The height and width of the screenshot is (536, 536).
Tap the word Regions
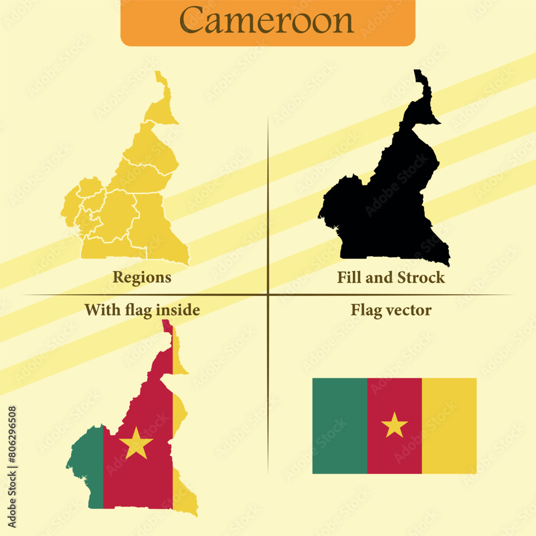click(142, 277)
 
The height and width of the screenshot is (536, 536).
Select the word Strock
click(421, 277)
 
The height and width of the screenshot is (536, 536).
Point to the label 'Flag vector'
click(391, 310)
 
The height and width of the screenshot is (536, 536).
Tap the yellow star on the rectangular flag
click(394, 425)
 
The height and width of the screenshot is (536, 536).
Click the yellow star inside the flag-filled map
click(136, 443)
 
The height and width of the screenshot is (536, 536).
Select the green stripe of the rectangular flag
click(340, 426)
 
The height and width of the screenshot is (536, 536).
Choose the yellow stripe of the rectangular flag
click(449, 426)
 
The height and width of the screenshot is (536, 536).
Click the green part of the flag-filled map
click(88, 461)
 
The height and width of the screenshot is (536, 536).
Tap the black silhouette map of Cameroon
click(386, 204)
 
